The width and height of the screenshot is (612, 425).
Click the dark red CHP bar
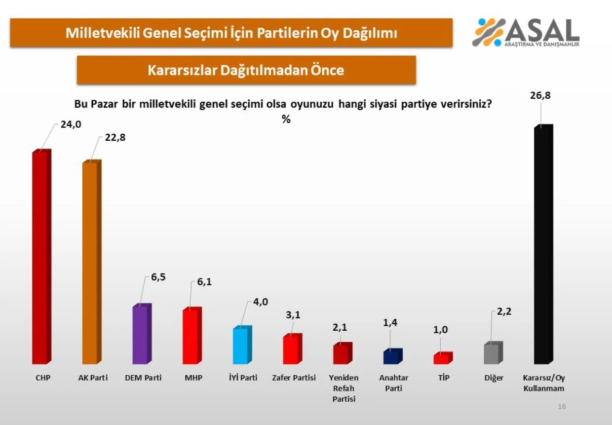(40, 257)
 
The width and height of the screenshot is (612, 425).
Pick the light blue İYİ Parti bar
(241, 346)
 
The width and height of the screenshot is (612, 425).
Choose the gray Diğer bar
(492, 353)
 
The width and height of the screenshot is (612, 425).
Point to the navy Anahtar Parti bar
(392, 356)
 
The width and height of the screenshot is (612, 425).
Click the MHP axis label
(193, 378)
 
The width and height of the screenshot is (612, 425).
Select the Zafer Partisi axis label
(294, 378)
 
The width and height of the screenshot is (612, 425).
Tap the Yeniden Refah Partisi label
(344, 388)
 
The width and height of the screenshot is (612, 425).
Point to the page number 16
(562, 406)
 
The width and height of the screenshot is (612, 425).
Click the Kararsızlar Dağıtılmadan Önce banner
(246, 70)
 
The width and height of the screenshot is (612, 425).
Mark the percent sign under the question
(286, 119)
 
